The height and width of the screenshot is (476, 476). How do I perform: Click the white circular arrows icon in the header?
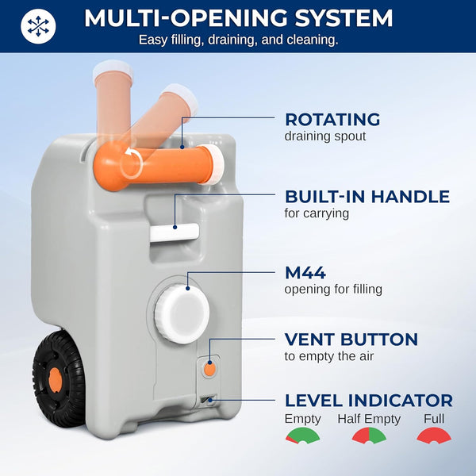click(38, 26)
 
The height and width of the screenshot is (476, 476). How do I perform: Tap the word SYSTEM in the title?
click(344, 18)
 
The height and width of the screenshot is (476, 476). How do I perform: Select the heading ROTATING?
click(332, 119)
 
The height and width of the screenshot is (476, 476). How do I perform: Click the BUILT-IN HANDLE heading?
click(367, 197)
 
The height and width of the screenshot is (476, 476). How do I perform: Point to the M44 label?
click(305, 273)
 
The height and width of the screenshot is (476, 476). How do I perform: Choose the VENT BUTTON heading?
click(351, 339)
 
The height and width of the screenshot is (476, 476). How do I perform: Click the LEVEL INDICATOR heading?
click(369, 401)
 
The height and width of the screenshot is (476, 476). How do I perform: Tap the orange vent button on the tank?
click(209, 369)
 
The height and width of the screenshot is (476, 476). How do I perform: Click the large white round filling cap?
click(182, 313)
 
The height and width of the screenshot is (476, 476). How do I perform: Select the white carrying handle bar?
click(175, 232)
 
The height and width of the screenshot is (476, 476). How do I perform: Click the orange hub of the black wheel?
click(56, 379)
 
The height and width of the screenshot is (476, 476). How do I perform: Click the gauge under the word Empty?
click(302, 436)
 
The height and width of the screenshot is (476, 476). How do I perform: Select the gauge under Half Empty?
click(369, 436)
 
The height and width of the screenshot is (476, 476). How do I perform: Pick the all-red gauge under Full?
click(434, 436)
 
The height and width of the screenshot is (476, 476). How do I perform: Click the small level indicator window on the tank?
click(209, 401)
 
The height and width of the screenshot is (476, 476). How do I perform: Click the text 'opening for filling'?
click(333, 289)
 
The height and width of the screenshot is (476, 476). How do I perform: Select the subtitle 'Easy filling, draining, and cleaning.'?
click(238, 40)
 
